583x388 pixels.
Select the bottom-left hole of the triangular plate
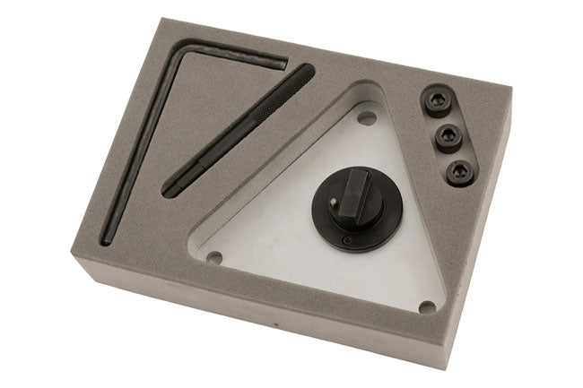(x=213, y=257)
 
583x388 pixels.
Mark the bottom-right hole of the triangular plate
(x=426, y=306)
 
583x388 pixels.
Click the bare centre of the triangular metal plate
(x=296, y=242)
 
